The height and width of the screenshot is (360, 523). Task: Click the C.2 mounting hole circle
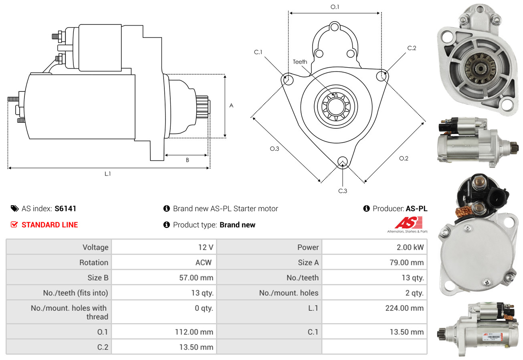click(382, 76)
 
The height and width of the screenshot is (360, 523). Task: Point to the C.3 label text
click(343, 191)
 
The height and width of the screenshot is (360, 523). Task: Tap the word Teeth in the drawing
click(300, 62)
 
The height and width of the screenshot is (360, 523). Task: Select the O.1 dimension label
click(335, 7)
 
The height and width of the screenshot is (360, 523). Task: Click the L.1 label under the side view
click(108, 174)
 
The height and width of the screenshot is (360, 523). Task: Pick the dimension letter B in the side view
click(187, 160)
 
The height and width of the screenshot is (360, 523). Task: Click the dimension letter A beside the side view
click(231, 106)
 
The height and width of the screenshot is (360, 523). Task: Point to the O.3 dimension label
click(274, 149)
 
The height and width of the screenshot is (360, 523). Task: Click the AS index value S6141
click(65, 208)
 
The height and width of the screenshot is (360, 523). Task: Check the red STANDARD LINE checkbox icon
click(14, 224)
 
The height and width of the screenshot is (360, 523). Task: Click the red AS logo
click(408, 223)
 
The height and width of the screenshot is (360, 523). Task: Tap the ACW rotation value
click(203, 263)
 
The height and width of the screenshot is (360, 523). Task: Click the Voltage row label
click(95, 247)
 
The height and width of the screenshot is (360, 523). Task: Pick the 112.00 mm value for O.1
click(194, 332)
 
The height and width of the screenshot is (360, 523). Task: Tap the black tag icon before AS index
click(14, 208)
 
